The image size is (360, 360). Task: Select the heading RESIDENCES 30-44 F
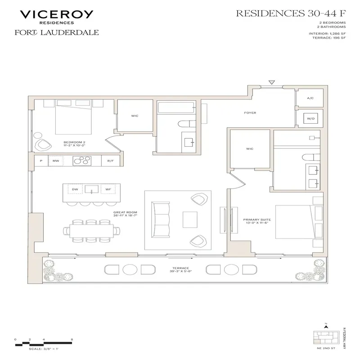coord(288,13)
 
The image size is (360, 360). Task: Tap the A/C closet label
coord(310,98)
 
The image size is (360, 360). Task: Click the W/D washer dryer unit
coord(310,119)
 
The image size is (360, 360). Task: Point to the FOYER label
coord(250,113)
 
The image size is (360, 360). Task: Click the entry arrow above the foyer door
coord(271,82)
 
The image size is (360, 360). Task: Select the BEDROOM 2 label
coord(74,142)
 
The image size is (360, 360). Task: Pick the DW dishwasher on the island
coord(75,190)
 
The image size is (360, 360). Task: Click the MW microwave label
coord(56,160)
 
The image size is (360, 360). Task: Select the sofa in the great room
coord(160,219)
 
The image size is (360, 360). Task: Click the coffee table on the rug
coord(189,220)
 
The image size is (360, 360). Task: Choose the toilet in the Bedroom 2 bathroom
coord(186,124)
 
